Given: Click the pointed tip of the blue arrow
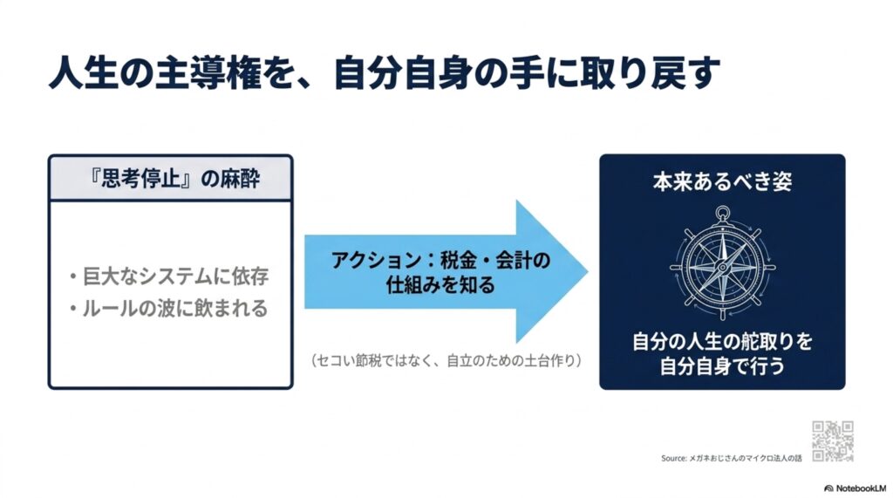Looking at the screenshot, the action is coord(587,271).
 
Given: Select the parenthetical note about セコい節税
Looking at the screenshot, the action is coord(446,361).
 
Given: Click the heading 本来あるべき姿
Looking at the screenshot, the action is coord(722,181).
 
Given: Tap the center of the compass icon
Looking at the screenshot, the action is coord(722,266).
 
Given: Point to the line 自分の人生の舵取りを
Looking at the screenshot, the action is coord(722,342).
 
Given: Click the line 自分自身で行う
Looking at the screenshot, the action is coord(722,366).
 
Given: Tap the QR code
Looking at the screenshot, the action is coord(833,441).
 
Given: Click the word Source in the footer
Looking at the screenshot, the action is coord(674,458).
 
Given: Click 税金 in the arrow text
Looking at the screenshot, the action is coord(461,261).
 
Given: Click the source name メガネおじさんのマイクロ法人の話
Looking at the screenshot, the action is coord(746,458).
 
